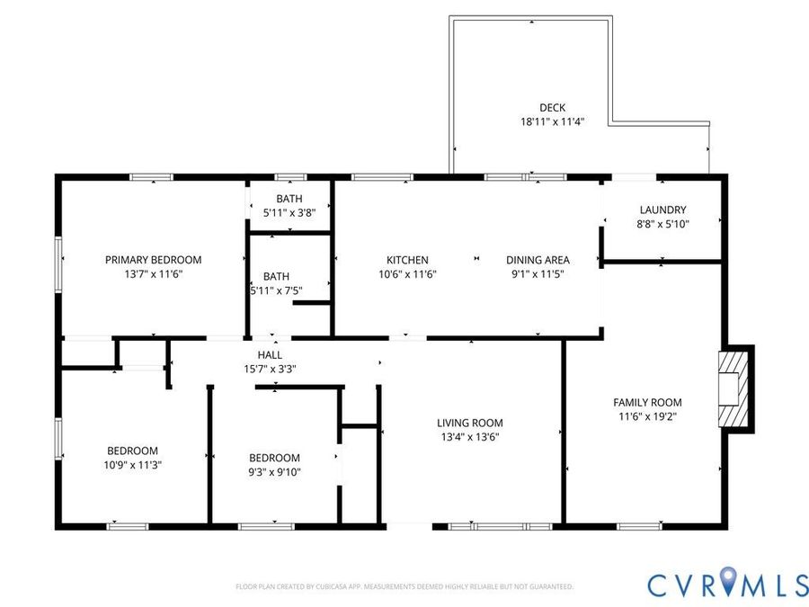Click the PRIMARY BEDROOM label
pos(153,260)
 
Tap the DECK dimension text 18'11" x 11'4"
pos(552,121)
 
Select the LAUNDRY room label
pos(663,210)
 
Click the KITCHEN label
pos(407,260)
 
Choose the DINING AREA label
pos(538,260)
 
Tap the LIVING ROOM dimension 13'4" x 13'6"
pos(470,437)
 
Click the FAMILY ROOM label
pos(647,402)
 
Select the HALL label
pos(270,354)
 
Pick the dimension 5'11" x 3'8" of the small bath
pos(289,212)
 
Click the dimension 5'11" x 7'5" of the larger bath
pos(277,290)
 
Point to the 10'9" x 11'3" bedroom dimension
pos(133,465)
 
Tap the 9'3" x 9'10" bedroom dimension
pos(274,472)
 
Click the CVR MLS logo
pos(727,584)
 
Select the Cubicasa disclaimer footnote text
pos(404,586)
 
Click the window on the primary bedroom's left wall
pos(58,264)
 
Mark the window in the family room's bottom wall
pos(639,526)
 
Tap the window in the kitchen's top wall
pos(382,177)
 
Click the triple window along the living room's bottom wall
pos(500,526)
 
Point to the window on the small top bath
pos(290,177)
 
